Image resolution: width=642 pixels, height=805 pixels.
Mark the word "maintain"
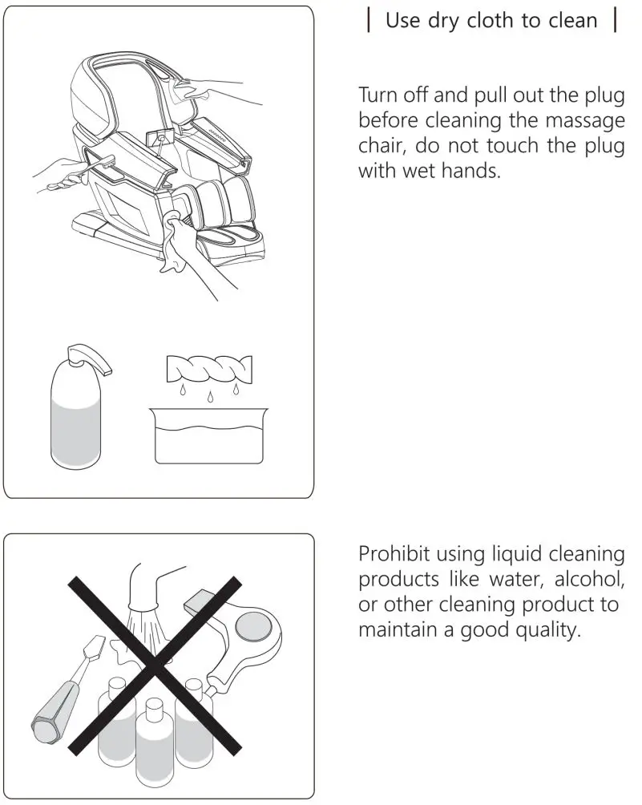(x=395, y=629)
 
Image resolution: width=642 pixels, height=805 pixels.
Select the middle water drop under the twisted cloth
(x=208, y=397)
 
